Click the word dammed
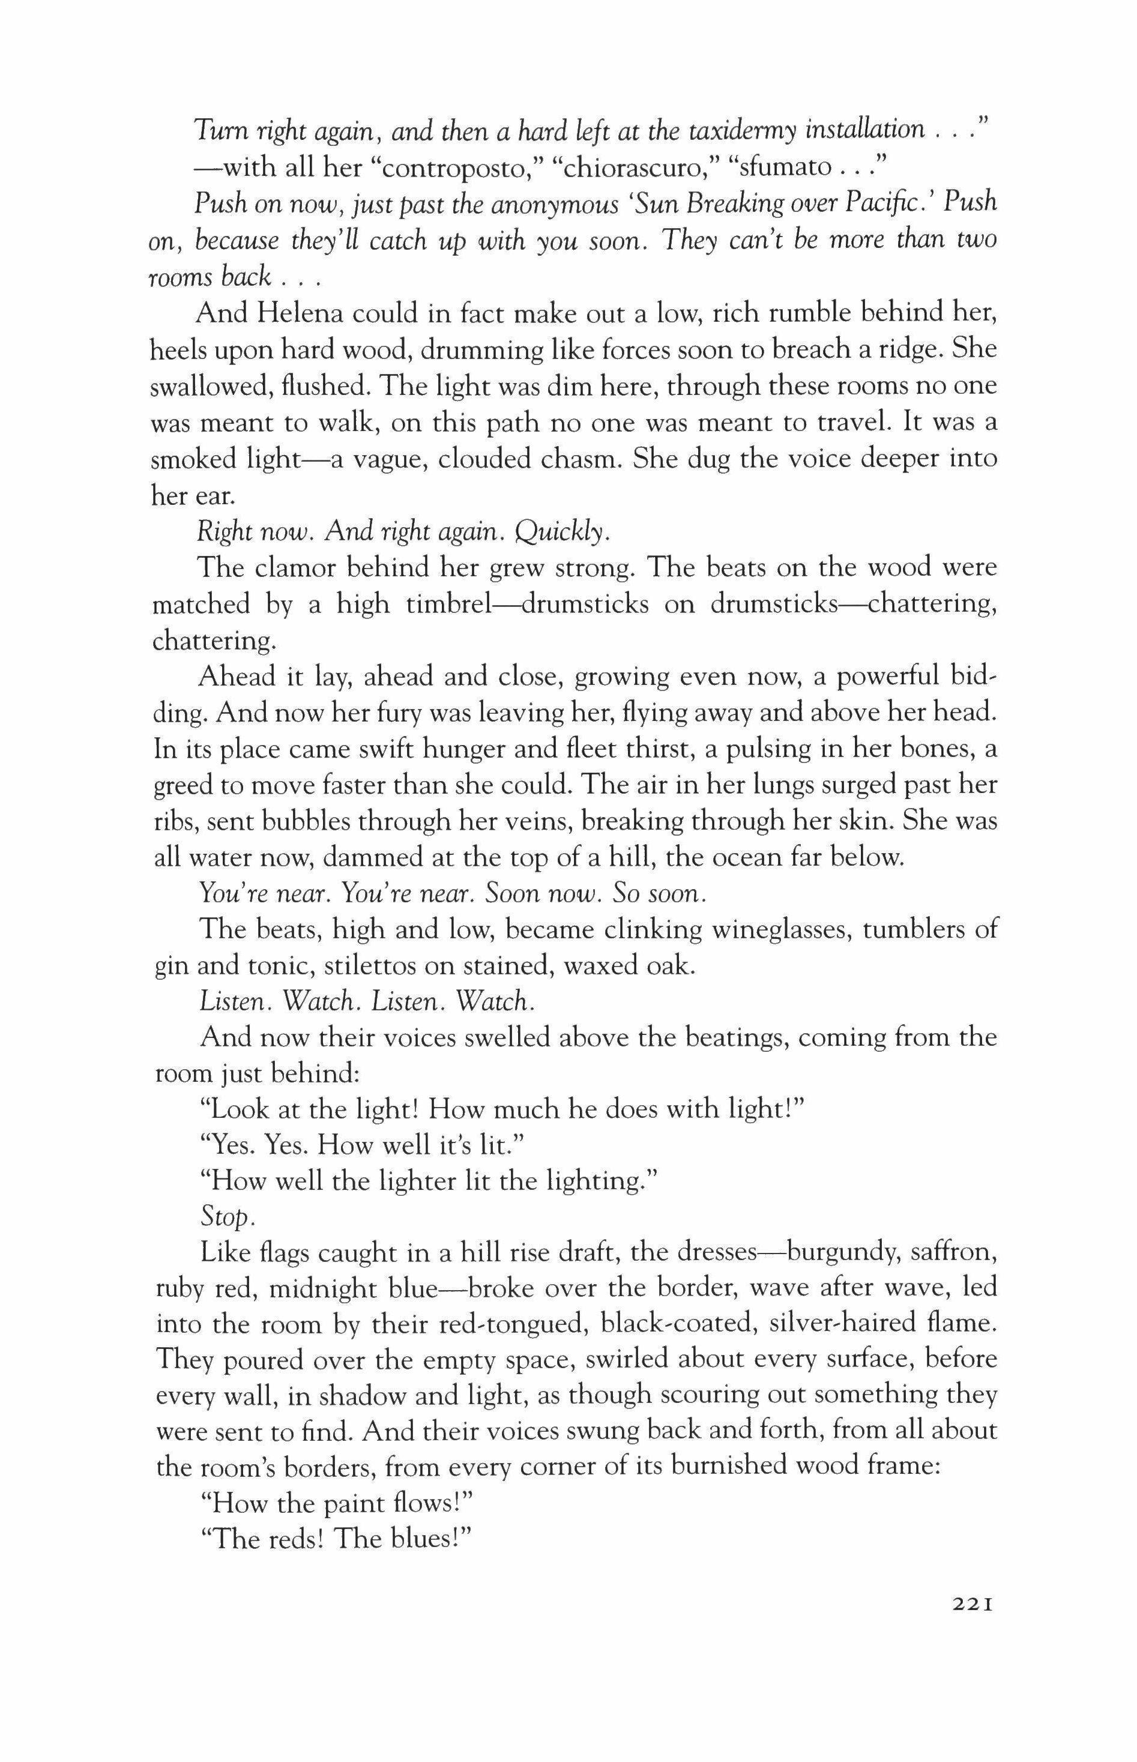[366, 858]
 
